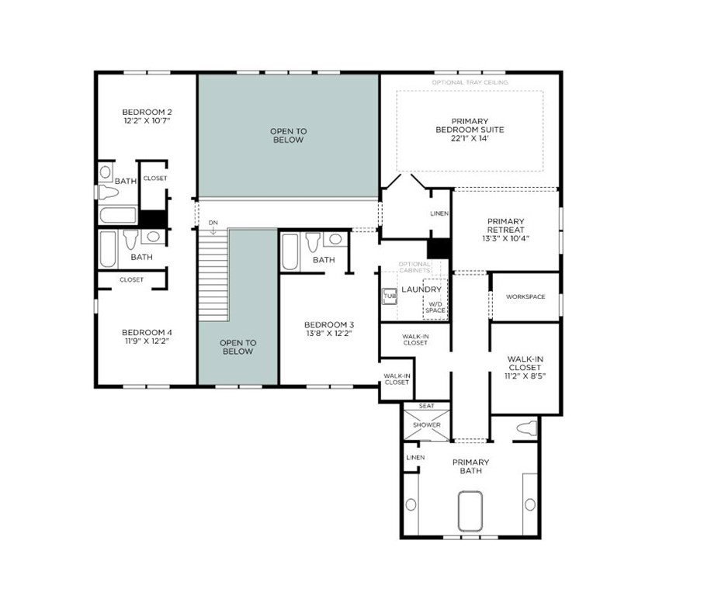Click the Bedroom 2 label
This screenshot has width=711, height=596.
pyautogui.click(x=147, y=112)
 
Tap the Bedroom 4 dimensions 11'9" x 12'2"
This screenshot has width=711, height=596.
pyautogui.click(x=147, y=341)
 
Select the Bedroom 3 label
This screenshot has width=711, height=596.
pyautogui.click(x=329, y=325)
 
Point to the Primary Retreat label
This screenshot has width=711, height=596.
pyautogui.click(x=505, y=226)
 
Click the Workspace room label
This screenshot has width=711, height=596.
pyautogui.click(x=525, y=297)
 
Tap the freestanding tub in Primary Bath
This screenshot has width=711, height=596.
pyautogui.click(x=470, y=511)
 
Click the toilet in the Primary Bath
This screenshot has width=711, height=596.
pyautogui.click(x=526, y=428)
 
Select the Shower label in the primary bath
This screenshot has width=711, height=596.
pyautogui.click(x=427, y=425)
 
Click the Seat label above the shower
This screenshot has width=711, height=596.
pyautogui.click(x=426, y=406)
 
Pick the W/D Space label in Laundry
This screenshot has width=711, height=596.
pyautogui.click(x=435, y=307)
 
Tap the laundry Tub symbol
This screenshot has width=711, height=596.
pyautogui.click(x=390, y=296)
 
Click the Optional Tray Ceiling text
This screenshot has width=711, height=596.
pyautogui.click(x=470, y=82)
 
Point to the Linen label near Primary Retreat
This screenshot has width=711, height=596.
pyautogui.click(x=439, y=213)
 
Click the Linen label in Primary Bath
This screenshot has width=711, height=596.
pyautogui.click(x=415, y=458)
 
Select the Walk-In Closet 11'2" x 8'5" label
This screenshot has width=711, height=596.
pyautogui.click(x=525, y=367)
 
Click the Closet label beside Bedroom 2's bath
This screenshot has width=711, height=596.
pyautogui.click(x=155, y=178)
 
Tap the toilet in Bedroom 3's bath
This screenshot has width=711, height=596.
pyautogui.click(x=313, y=241)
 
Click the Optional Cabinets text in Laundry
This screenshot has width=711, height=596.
pyautogui.click(x=414, y=267)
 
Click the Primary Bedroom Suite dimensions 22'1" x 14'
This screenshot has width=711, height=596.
pyautogui.click(x=470, y=138)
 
